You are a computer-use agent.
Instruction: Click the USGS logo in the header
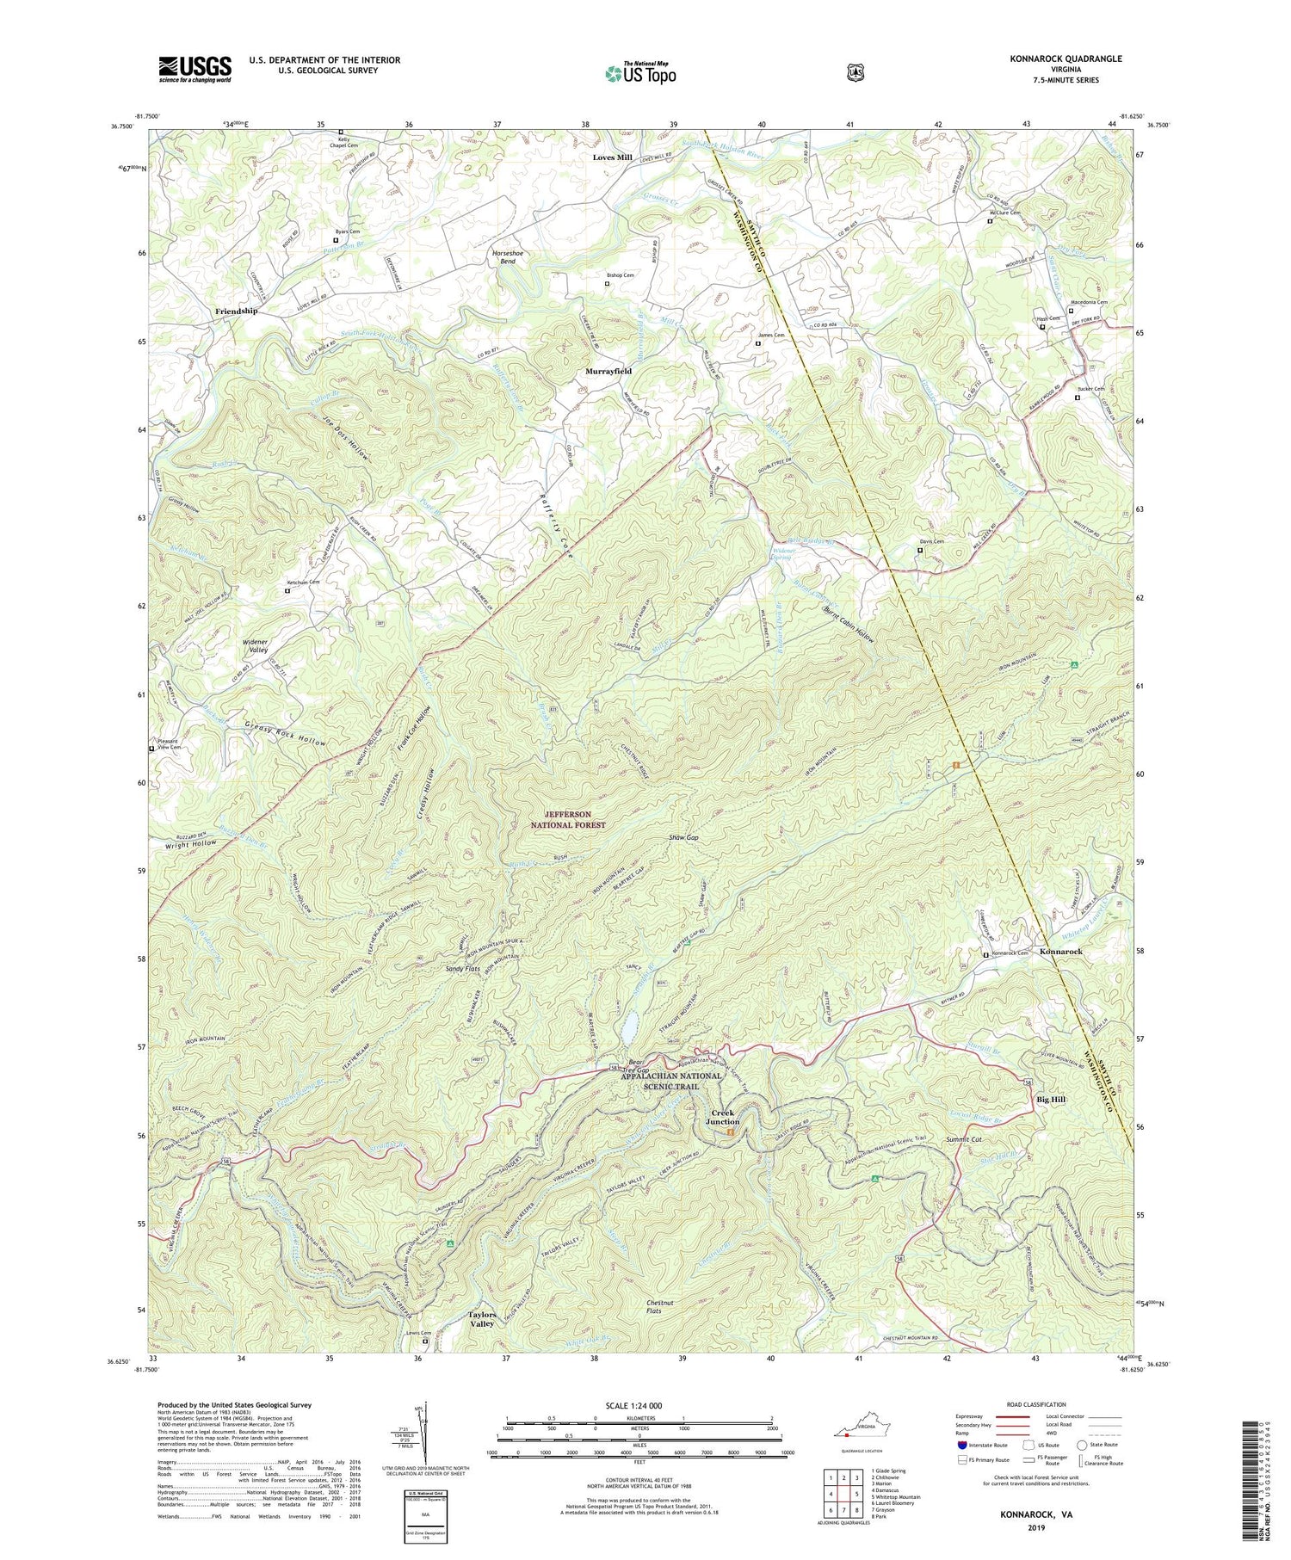coord(195,69)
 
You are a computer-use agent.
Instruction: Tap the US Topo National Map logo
coord(640,73)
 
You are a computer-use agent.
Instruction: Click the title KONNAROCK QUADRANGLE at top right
coord(1066,59)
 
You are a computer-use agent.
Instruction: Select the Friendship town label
coord(236,311)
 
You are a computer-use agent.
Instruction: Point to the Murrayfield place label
coord(608,371)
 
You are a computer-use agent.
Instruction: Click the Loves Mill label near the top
coord(612,157)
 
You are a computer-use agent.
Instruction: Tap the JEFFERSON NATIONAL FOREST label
coord(567,819)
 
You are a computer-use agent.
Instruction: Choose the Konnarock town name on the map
coord(1060,952)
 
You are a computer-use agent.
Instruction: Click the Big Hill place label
coord(1050,1100)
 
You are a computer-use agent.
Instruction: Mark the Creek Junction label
coord(723,1117)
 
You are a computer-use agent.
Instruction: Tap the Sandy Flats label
coord(462,969)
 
